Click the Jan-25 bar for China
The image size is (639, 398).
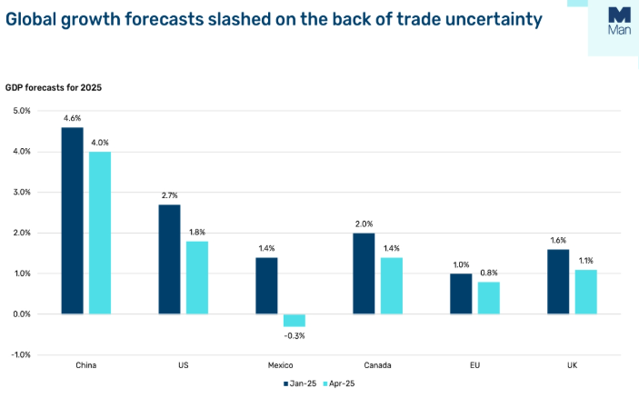point(72,221)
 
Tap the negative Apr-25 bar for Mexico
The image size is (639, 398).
point(295,320)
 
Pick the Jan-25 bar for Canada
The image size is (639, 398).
point(364,274)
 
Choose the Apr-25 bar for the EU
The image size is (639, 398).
point(489,298)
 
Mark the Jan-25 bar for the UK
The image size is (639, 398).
point(557,282)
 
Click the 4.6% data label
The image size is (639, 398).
point(72,118)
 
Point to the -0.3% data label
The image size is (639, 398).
point(295,336)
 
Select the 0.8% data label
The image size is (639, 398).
point(489,273)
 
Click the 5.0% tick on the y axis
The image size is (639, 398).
point(21,111)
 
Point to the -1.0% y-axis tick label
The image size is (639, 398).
point(20,354)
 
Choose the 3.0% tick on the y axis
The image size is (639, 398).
point(21,193)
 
